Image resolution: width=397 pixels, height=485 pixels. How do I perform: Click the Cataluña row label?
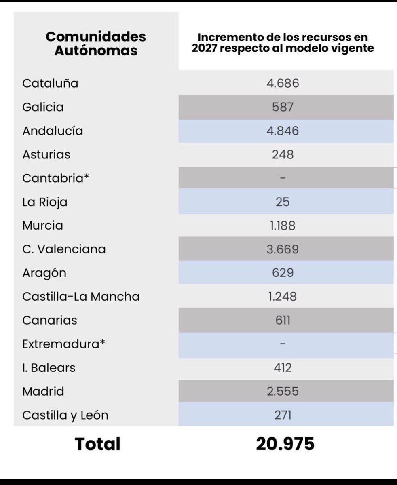tap(50, 84)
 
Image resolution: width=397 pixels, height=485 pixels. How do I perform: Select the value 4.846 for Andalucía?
tap(283, 131)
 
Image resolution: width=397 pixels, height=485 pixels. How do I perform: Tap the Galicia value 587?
tap(283, 107)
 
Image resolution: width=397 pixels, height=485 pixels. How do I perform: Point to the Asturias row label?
tap(46, 154)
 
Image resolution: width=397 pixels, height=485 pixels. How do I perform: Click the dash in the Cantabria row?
tap(283, 178)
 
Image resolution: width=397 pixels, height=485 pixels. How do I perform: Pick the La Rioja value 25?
tap(283, 202)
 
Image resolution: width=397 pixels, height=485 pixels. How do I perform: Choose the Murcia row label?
tap(43, 225)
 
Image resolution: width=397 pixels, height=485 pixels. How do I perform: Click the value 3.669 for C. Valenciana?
tap(283, 249)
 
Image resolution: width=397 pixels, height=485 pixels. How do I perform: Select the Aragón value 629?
tap(283, 273)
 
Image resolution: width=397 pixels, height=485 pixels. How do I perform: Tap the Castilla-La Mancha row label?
tap(81, 297)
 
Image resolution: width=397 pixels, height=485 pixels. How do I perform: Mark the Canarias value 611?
tap(283, 320)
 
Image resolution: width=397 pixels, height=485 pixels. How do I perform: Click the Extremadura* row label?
tap(63, 344)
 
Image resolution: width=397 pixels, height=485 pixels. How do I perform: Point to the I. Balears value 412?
tap(283, 368)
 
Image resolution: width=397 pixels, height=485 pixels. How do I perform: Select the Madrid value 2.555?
tap(283, 391)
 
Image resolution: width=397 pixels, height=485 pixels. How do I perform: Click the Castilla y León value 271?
tap(283, 415)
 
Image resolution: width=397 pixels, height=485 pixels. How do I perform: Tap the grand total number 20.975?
tap(285, 444)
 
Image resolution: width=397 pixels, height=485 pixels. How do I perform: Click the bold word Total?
tap(97, 444)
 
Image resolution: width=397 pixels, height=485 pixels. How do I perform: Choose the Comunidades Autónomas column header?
tap(96, 44)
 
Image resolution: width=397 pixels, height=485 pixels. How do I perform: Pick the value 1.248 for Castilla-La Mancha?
tap(283, 297)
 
